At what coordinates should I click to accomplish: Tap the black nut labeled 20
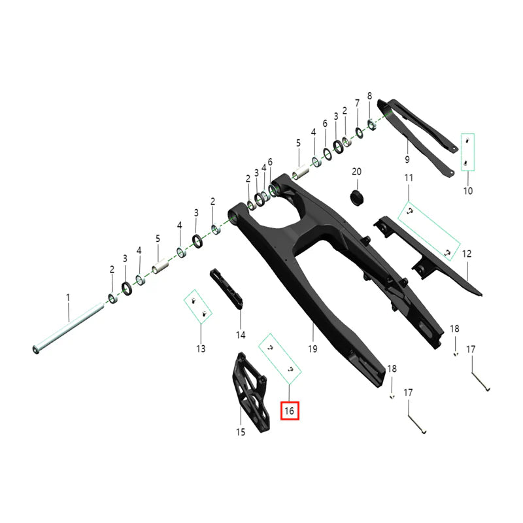[x=357, y=195]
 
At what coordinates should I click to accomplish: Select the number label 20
[x=356, y=171]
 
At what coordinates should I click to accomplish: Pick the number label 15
[x=240, y=432]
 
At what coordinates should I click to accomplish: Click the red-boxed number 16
[x=290, y=411]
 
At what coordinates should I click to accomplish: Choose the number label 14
[x=241, y=335]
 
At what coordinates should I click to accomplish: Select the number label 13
[x=201, y=348]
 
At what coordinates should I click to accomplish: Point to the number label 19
[x=312, y=349]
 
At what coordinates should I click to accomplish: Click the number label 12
[x=467, y=253]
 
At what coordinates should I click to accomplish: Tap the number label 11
[x=409, y=178]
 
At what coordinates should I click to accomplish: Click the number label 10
[x=467, y=191]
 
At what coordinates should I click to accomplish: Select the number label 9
[x=407, y=160]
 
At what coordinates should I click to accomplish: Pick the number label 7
[x=357, y=103]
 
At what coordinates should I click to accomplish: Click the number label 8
[x=369, y=95]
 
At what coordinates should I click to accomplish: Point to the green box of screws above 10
[x=467, y=152]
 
